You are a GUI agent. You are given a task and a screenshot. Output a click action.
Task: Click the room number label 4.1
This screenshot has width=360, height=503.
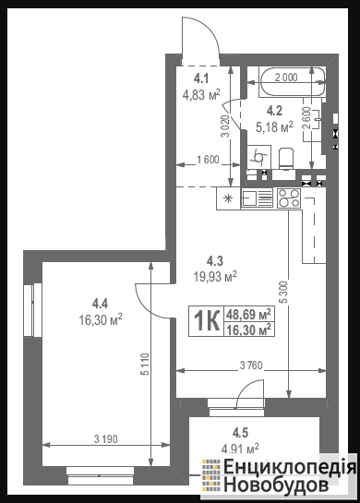201,78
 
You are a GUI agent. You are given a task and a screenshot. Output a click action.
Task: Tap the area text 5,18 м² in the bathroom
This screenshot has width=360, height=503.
275,126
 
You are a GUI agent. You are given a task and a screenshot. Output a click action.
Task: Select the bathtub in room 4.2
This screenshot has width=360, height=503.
293,81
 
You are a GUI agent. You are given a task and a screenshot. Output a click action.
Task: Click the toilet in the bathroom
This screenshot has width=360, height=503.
286,158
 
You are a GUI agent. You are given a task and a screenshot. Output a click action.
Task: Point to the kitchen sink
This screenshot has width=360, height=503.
257,198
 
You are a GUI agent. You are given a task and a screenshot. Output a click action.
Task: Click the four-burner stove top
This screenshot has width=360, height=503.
289,198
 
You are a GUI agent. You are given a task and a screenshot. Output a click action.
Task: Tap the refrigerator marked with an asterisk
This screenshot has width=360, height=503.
228,198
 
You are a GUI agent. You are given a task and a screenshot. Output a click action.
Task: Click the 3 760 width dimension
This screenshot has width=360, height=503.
251,365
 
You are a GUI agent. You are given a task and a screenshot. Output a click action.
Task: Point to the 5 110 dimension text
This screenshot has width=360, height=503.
145,364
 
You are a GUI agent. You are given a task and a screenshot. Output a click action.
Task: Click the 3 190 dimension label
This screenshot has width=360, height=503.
106,438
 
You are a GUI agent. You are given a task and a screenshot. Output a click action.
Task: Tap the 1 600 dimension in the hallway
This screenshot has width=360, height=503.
208,160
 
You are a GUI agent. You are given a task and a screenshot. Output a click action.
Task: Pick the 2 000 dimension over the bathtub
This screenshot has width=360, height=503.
286,78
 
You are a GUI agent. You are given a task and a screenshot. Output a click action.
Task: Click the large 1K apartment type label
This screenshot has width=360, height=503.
206,321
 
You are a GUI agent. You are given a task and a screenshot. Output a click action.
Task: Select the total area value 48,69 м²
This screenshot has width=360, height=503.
249,314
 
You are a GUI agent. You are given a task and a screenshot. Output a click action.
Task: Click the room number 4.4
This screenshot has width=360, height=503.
100,303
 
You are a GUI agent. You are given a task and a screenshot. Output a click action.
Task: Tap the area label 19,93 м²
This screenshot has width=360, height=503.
215,276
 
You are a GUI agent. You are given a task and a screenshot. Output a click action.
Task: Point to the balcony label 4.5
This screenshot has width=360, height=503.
240,433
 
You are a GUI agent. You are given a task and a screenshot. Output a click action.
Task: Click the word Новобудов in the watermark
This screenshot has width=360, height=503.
276,486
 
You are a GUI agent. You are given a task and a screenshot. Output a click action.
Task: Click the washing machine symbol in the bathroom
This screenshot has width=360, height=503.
258,157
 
